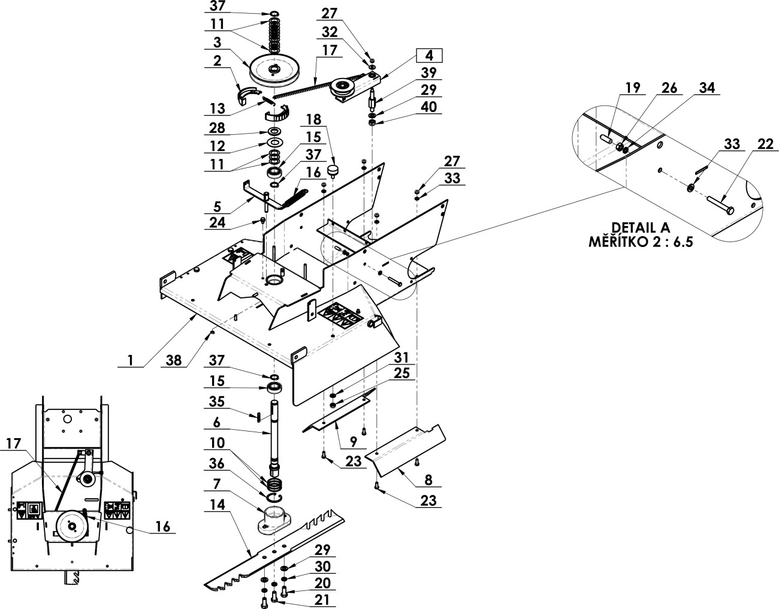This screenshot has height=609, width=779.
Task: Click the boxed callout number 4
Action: (x=429, y=56)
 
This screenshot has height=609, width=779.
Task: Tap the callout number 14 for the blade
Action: (x=218, y=505)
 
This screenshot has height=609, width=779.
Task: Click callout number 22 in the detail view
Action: (x=765, y=144)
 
